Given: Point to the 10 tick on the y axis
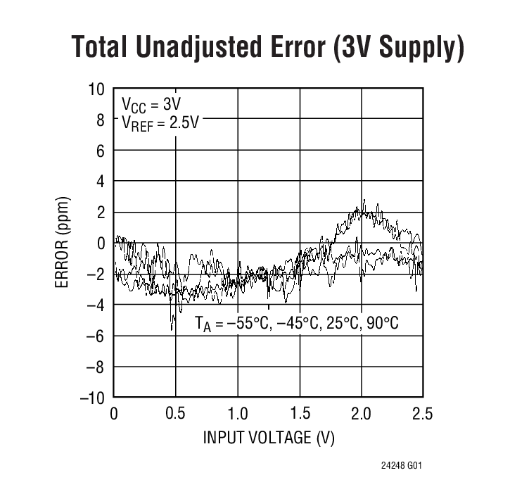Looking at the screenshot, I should click(96, 89).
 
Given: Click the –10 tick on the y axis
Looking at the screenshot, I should click(93, 398).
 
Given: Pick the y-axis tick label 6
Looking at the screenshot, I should click(100, 151).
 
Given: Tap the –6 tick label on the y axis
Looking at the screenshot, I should click(96, 336).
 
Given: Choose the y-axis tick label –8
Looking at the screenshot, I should click(96, 367).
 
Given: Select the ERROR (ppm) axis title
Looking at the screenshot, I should click(63, 243).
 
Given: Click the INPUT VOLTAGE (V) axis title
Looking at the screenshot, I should click(269, 438).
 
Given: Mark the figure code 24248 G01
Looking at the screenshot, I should click(402, 466).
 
